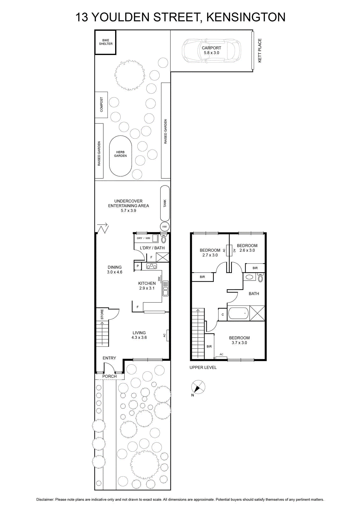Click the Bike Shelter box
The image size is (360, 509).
pyautogui.click(x=105, y=43)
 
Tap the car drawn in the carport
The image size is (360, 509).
pyautogui.click(x=211, y=51)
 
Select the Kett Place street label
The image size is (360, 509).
pyautogui.click(x=260, y=51)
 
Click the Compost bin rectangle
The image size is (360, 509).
pyautogui.click(x=101, y=105)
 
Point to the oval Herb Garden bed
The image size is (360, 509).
pyautogui.click(x=121, y=156)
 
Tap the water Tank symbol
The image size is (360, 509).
pyautogui.click(x=165, y=203)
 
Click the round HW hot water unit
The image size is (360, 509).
pyautogui.click(x=164, y=227)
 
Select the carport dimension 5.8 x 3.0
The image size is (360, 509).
pyautogui.click(x=211, y=53)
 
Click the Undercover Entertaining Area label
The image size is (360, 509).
pyautogui.click(x=128, y=203)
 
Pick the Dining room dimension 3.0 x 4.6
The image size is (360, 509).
pyautogui.click(x=115, y=272)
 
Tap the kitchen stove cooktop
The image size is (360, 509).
pyautogui.click(x=151, y=266)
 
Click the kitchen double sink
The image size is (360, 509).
pyautogui.click(x=166, y=288)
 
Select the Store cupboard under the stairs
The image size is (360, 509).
pyautogui.click(x=102, y=314)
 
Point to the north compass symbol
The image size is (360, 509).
pyautogui.click(x=198, y=387)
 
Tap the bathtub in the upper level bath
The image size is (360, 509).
pyautogui.click(x=239, y=313)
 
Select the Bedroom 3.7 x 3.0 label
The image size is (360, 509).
pyautogui.click(x=239, y=340)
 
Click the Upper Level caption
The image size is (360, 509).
pyautogui.click(x=203, y=367)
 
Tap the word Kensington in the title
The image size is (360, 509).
pyautogui.click(x=246, y=17)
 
